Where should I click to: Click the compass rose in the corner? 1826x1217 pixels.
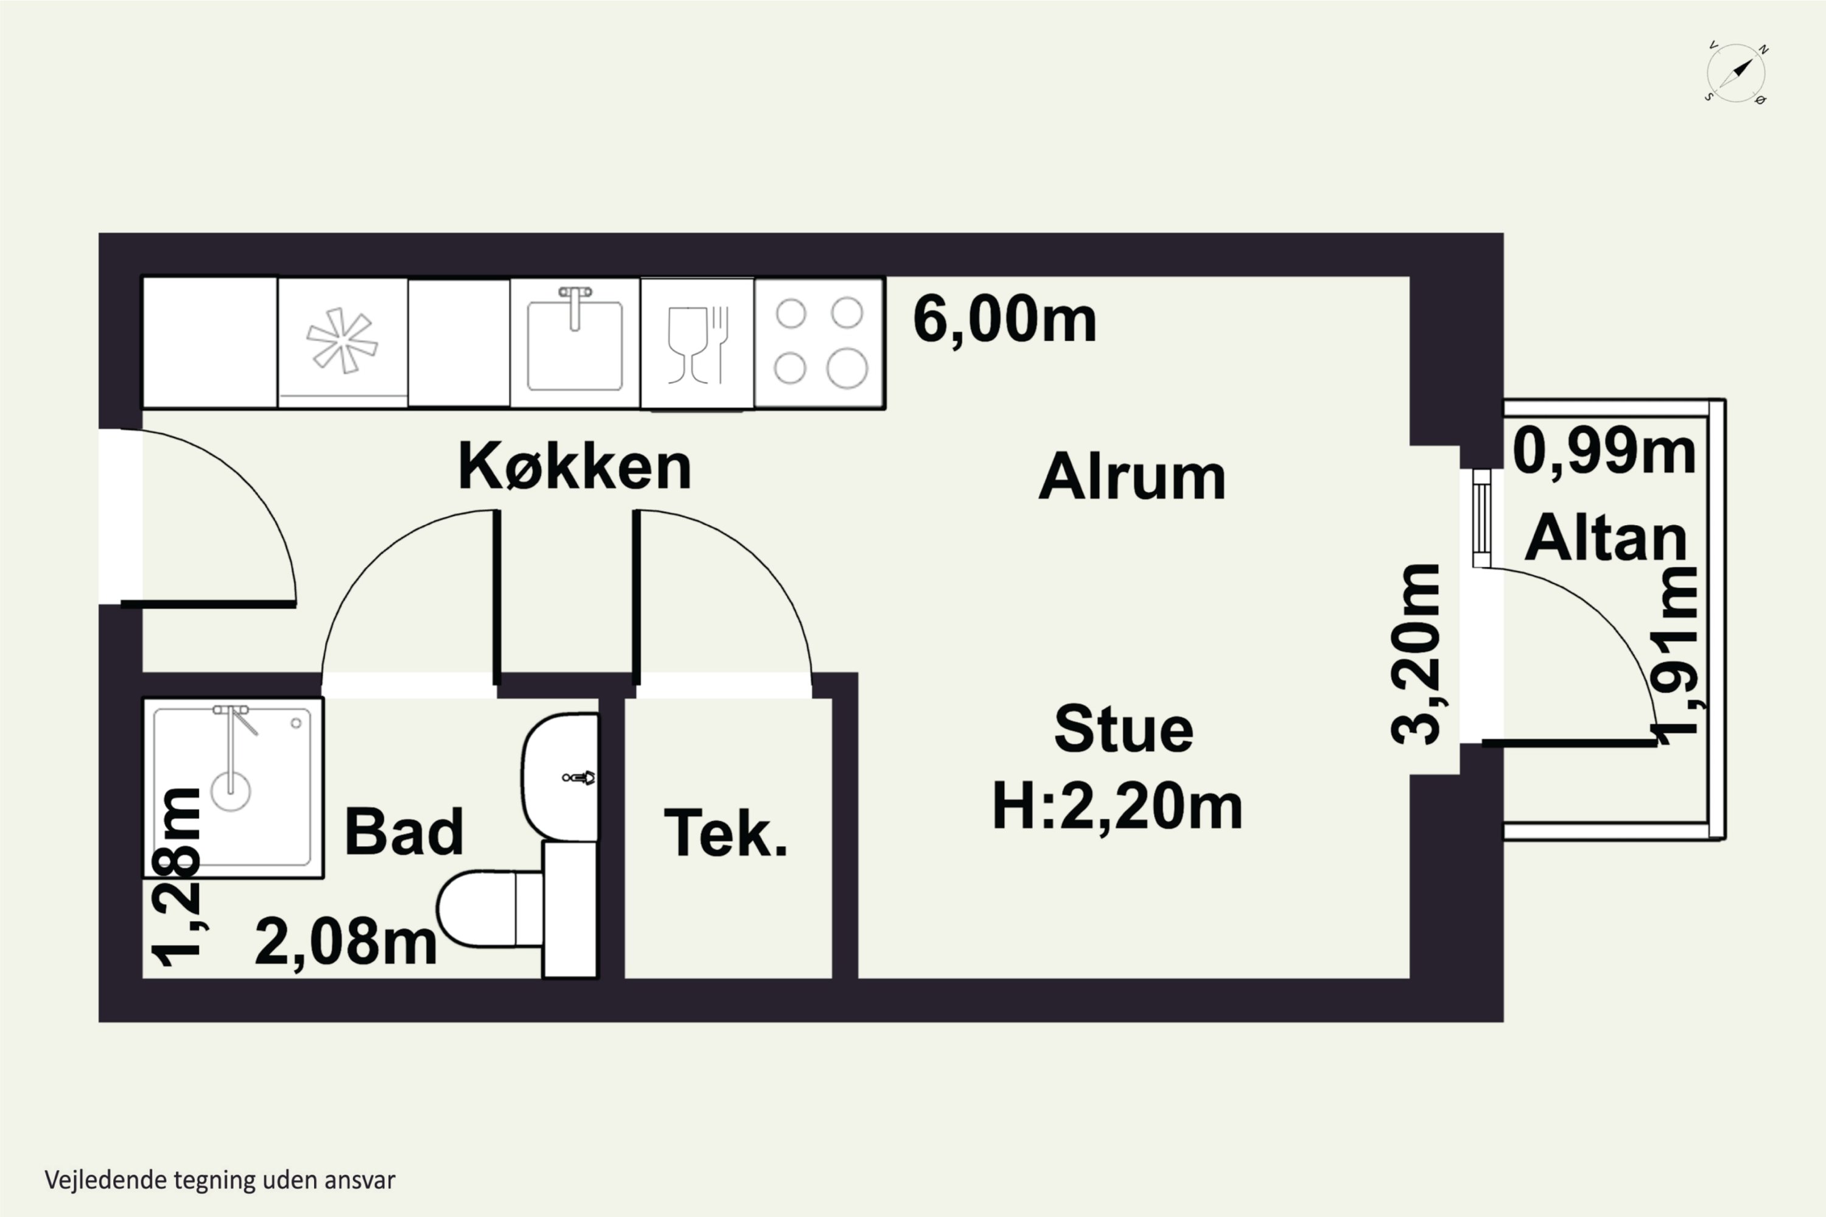coord(1737,73)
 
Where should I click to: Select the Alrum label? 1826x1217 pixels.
coord(1132,476)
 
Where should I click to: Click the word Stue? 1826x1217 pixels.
coord(1124,729)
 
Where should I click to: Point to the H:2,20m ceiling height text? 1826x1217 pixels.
coord(1117,807)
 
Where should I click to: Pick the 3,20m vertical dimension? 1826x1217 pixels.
coord(1415,654)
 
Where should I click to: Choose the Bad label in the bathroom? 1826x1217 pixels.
coord(404,831)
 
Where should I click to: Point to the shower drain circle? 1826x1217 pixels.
coord(231,792)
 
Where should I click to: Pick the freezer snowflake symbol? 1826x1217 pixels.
coord(341,341)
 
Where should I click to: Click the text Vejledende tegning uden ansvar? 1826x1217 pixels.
coord(220,1180)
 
